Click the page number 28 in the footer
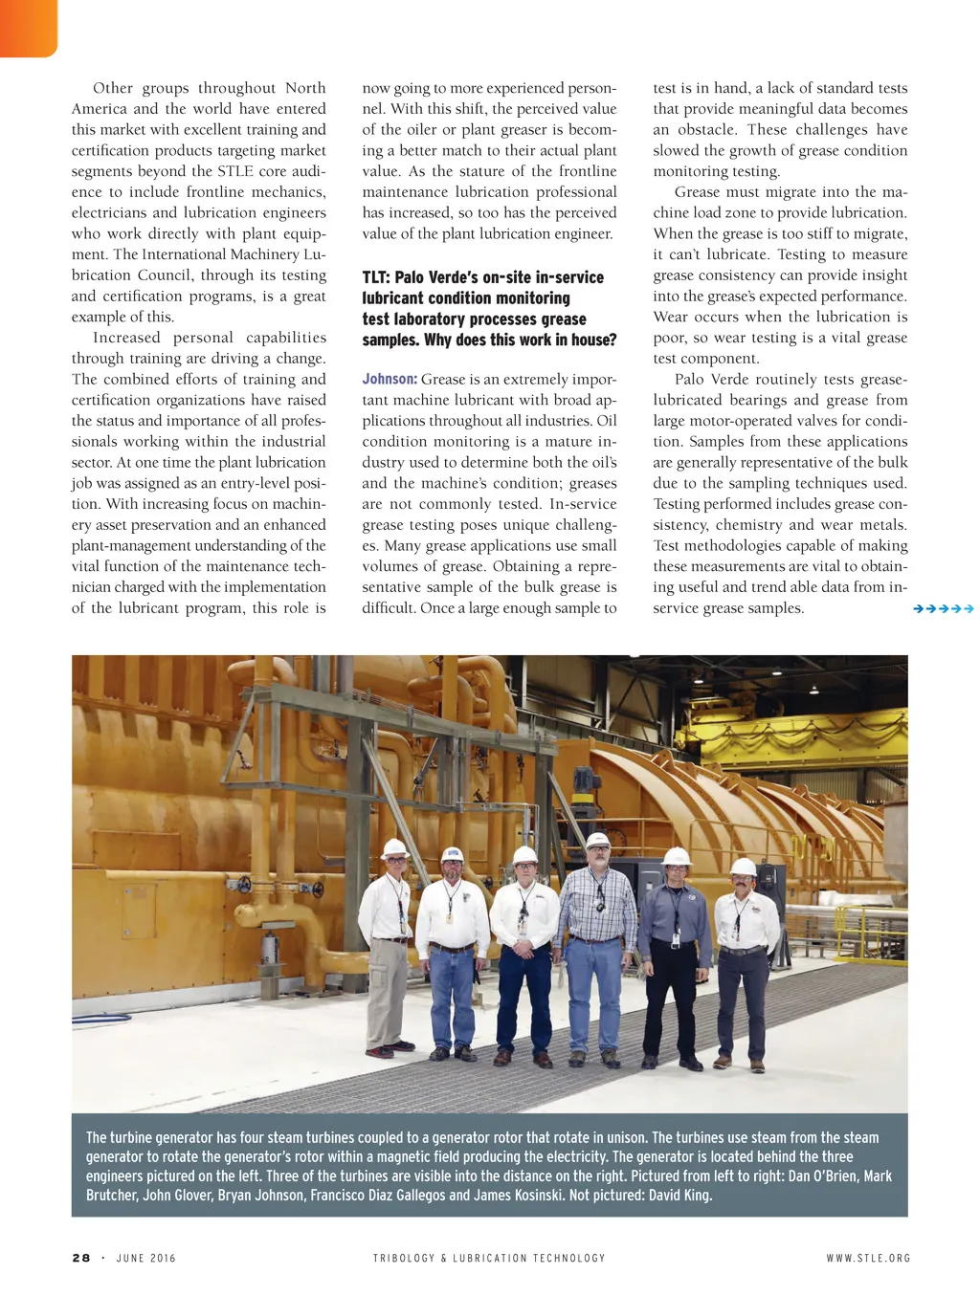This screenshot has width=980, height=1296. point(81,1258)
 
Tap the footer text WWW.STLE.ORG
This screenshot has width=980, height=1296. point(868,1258)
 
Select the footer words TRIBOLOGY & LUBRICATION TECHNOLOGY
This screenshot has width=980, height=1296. point(489,1258)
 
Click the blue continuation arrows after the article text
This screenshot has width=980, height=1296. point(943,608)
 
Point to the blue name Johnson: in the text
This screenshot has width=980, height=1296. point(389,379)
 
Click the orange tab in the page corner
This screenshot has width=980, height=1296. point(28,27)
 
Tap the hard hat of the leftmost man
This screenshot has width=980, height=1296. point(394,848)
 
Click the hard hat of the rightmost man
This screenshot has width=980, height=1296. point(743,867)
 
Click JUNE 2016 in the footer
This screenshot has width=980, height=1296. point(146,1258)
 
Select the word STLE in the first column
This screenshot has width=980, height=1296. point(234,171)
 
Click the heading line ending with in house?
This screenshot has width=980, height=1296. point(489,340)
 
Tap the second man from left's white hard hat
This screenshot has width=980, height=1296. point(452,854)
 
